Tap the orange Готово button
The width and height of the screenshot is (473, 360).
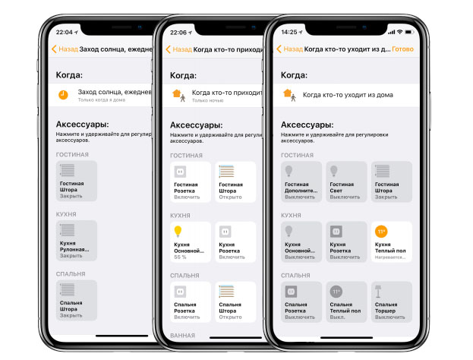click(403, 49)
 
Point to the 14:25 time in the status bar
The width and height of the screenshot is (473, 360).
click(289, 33)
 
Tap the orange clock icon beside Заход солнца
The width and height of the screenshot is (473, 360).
click(63, 95)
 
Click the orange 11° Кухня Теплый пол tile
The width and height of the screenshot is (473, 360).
click(391, 242)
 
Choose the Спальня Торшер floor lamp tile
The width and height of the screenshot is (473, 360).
click(391, 302)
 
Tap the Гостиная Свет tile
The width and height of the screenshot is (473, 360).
click(345, 182)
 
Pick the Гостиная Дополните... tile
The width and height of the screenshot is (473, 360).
click(301, 182)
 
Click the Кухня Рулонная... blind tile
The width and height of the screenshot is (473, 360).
click(77, 242)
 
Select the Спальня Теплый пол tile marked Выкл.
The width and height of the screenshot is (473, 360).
click(345, 302)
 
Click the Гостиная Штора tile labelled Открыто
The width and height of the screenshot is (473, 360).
click(235, 182)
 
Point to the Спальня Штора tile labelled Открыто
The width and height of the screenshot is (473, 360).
click(235, 302)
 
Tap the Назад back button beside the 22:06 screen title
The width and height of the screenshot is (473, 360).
click(178, 49)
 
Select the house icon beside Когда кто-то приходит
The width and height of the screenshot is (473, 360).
click(177, 95)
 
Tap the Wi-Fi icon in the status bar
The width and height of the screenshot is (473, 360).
click(399, 33)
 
